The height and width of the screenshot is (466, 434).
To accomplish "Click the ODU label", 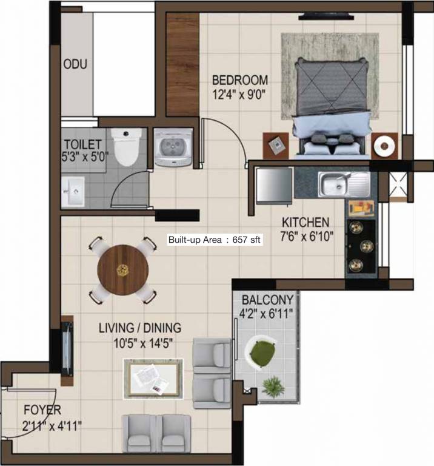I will click(x=75, y=64).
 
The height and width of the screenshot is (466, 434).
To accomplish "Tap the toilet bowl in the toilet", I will click(x=126, y=147).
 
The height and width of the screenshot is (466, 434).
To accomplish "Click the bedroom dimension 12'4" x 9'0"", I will click(x=239, y=94).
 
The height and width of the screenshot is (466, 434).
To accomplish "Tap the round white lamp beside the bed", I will click(x=384, y=146).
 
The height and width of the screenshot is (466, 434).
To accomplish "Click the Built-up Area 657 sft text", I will click(x=215, y=240).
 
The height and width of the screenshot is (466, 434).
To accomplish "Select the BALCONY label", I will click(x=267, y=300).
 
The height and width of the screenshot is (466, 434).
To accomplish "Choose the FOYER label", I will click(x=42, y=410).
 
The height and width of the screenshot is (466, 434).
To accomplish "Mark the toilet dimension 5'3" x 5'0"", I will click(x=85, y=156).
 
